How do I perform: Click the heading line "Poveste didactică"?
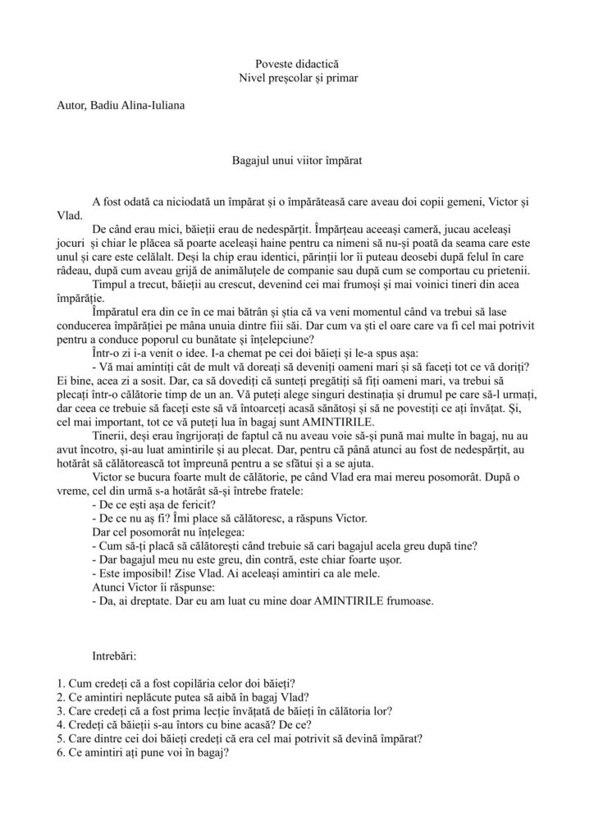tap(297, 63)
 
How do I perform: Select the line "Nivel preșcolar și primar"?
tap(297, 79)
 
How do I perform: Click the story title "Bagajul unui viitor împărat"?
tap(297, 162)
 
